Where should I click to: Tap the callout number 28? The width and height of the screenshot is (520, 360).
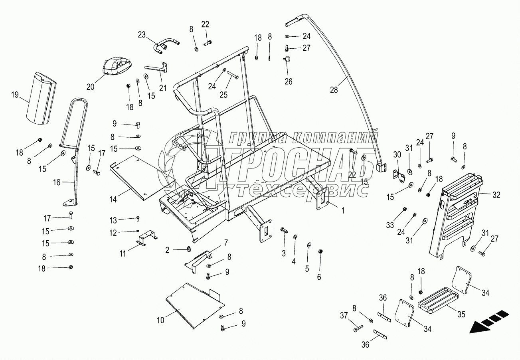334,90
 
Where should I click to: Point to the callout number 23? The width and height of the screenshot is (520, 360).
142,34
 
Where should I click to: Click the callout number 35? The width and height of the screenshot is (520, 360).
461,315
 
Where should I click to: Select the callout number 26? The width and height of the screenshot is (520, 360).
288,81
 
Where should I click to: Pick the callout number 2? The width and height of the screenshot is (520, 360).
168,250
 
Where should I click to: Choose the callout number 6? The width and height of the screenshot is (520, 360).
319,277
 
